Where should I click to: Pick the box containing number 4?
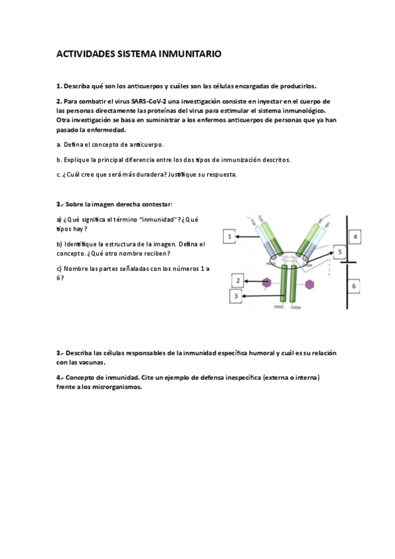pyautogui.click(x=355, y=236)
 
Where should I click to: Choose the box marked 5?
pyautogui.click(x=338, y=252)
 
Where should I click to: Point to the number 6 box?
pyautogui.click(x=355, y=286)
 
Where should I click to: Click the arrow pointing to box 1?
pyautogui.click(x=254, y=236)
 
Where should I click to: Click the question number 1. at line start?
pyautogui.click(x=59, y=86)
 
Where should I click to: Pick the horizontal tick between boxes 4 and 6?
pyautogui.click(x=349, y=262)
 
